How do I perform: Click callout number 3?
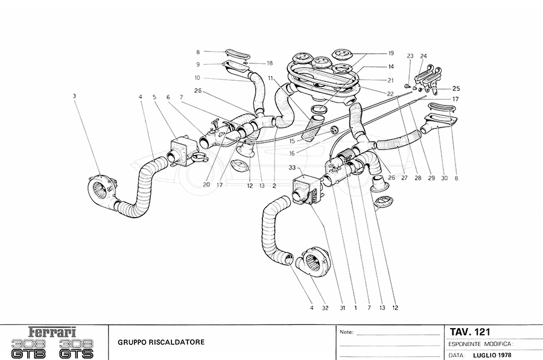tap(74, 95)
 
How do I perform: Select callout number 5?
tap(154, 97)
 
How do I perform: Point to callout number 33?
tap(292, 167)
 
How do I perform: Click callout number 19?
tap(392, 53)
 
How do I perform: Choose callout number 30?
tap(444, 178)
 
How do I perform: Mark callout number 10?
tap(197, 78)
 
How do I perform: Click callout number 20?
tap(206, 186)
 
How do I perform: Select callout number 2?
tap(275, 186)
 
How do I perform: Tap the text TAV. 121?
tap(470, 332)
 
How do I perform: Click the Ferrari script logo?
tap(53, 332)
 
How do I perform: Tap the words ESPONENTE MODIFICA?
tap(480, 344)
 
